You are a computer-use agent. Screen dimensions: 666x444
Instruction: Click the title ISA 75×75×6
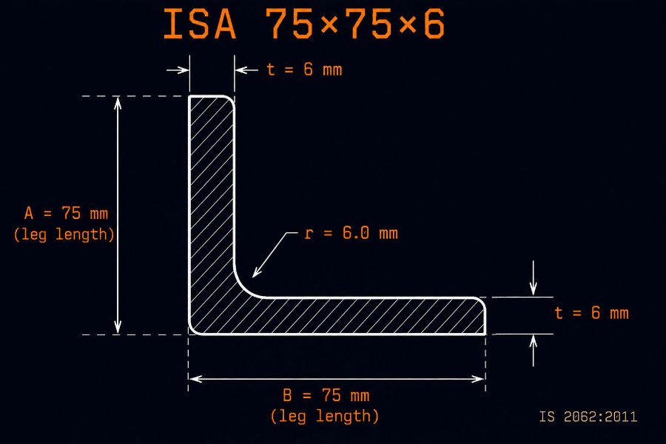pyautogui.click(x=304, y=24)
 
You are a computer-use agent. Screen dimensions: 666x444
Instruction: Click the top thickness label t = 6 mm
pyautogui.click(x=304, y=70)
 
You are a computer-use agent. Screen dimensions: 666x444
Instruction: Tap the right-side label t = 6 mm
pyautogui.click(x=591, y=313)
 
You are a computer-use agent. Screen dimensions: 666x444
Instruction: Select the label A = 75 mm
pyautogui.click(x=66, y=213)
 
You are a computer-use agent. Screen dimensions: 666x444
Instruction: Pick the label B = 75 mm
pyautogui.click(x=326, y=395)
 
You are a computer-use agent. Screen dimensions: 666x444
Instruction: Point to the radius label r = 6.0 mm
pyautogui.click(x=351, y=233)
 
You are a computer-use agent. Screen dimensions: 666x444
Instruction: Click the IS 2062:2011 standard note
pyautogui.click(x=588, y=417)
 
